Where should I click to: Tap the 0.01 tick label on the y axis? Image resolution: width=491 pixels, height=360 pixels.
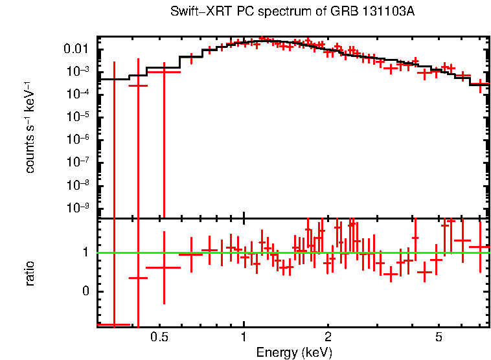76,49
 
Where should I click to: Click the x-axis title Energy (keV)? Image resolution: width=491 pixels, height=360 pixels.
293,352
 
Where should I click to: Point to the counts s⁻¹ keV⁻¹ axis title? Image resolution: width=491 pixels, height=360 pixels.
30,127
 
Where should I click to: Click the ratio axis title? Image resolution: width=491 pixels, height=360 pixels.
30,273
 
